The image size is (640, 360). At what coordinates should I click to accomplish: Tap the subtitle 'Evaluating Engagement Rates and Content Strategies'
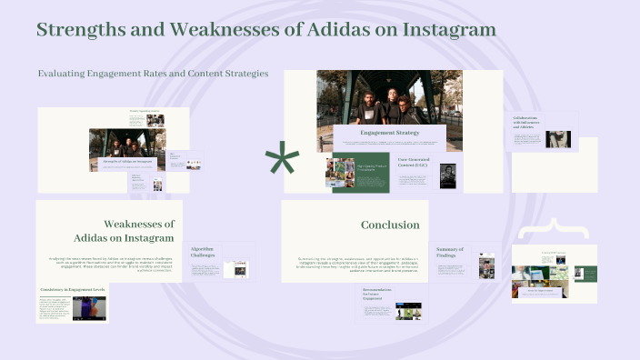pyautogui.click(x=153, y=74)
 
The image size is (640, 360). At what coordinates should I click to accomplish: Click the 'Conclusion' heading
pyautogui.click(x=390, y=225)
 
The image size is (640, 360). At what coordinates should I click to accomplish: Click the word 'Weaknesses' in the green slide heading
pyautogui.click(x=139, y=224)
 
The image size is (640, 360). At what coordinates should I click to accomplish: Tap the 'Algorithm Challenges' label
pyautogui.click(x=202, y=252)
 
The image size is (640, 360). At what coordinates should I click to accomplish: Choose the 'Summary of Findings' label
pyautogui.click(x=450, y=252)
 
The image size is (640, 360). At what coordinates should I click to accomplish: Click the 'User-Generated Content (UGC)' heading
pyautogui.click(x=418, y=162)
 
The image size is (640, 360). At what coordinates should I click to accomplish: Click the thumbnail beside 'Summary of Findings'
pyautogui.click(x=487, y=267)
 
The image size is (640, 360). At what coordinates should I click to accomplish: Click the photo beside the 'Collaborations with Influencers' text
pyautogui.click(x=558, y=139)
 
